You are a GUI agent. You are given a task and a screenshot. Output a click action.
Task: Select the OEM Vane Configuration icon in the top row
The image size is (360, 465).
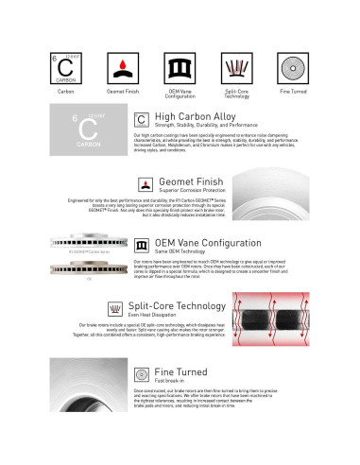coord(180,71)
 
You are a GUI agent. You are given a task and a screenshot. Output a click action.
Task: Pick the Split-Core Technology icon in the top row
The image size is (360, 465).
coord(236,71)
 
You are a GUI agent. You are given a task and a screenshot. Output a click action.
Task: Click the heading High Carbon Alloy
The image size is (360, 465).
coord(196,117)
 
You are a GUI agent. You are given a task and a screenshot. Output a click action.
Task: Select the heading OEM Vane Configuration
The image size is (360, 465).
coord(208,243)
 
